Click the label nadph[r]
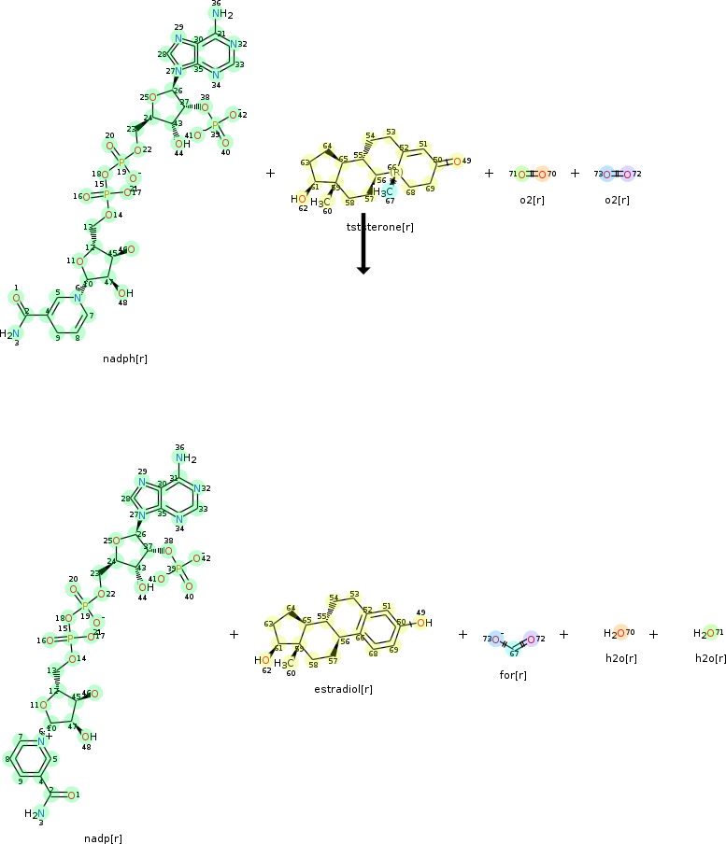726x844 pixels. click(125, 358)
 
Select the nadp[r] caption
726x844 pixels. click(103, 837)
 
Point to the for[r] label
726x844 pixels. click(513, 674)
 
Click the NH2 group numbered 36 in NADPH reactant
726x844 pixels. click(221, 14)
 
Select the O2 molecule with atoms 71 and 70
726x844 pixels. click(533, 174)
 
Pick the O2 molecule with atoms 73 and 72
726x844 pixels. click(617, 174)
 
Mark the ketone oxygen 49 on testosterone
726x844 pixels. click(456, 161)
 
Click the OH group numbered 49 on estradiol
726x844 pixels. click(423, 623)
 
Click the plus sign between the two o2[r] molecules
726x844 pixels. click(575, 173)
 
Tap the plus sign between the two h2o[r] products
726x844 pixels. click(653, 634)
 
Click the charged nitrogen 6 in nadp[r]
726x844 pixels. click(41, 714)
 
